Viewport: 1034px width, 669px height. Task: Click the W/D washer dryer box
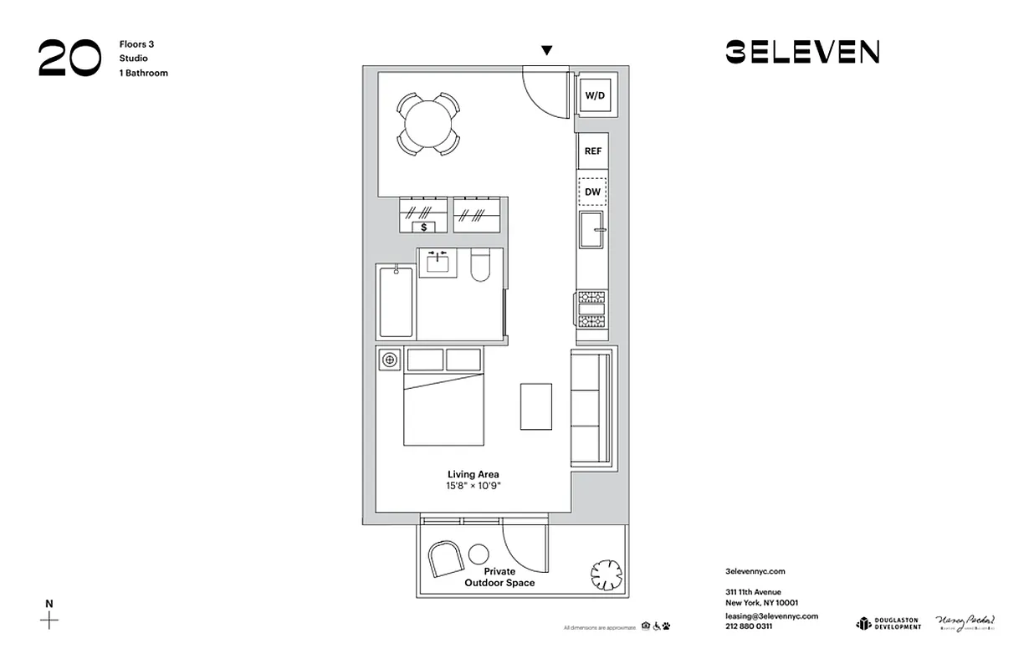tap(595, 96)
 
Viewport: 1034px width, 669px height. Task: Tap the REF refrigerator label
tap(593, 151)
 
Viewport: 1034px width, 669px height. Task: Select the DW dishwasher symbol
tap(593, 192)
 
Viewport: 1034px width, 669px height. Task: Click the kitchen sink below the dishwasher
tap(593, 229)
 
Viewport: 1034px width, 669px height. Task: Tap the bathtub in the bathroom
tap(396, 301)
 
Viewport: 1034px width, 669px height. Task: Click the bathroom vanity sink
tap(438, 263)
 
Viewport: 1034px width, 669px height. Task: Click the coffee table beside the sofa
tap(536, 406)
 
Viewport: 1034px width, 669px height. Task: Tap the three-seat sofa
tap(592, 408)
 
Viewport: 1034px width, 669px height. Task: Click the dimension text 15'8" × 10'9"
tap(473, 486)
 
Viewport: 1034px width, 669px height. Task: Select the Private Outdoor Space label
tap(499, 577)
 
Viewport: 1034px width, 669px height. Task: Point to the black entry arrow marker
tap(546, 51)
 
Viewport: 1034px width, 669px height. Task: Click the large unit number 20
tap(69, 59)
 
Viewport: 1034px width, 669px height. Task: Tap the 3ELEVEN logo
tap(801, 52)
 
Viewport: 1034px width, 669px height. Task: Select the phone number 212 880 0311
tap(749, 626)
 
